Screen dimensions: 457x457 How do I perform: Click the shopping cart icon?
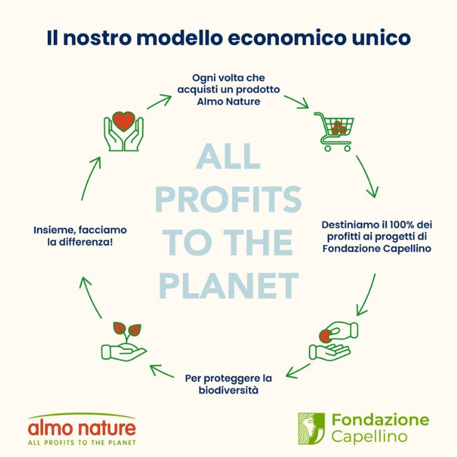tap(334, 131)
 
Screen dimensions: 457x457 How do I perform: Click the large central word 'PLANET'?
tap(228, 285)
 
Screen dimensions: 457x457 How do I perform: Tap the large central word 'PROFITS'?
tap(228, 199)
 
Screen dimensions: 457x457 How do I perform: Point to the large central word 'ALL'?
tap(228, 157)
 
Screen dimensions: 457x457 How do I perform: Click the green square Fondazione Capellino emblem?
tap(311, 428)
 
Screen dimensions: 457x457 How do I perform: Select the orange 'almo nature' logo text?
tap(82, 428)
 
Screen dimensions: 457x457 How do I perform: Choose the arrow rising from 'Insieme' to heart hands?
tap(91, 178)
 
